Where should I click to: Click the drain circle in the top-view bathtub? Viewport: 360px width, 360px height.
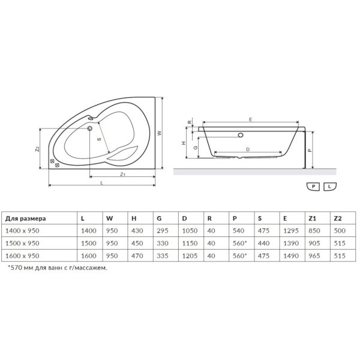pyautogui.click(x=90, y=128)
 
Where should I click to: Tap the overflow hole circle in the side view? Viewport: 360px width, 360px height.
pyautogui.click(x=241, y=135)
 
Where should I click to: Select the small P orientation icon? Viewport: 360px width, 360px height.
pyautogui.click(x=313, y=187)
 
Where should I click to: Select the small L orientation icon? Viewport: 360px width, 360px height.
pyautogui.click(x=329, y=187)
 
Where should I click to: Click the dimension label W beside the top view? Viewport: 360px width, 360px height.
pyautogui.click(x=160, y=133)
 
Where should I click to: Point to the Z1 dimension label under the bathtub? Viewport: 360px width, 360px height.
pyautogui.click(x=123, y=174)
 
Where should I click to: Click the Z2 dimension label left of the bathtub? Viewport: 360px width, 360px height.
pyautogui.click(x=37, y=149)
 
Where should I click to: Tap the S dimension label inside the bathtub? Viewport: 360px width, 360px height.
pyautogui.click(x=99, y=139)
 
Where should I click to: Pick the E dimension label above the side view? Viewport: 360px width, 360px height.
pyautogui.click(x=250, y=119)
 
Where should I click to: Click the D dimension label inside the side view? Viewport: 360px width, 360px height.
pyautogui.click(x=248, y=149)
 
